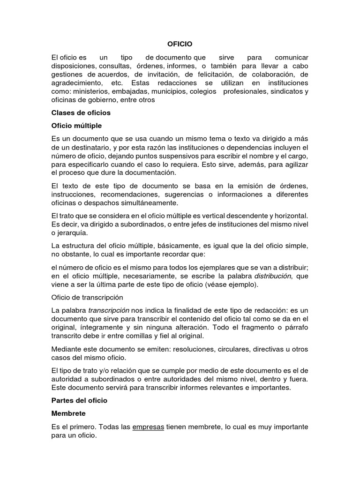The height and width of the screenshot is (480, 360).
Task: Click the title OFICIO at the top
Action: [180, 44]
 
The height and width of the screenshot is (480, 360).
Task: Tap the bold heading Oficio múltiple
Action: [76, 126]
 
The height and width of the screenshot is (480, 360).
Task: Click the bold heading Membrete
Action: [69, 413]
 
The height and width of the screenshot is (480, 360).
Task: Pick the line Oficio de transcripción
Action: [87, 297]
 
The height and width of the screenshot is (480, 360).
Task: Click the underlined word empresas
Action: [148, 427]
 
